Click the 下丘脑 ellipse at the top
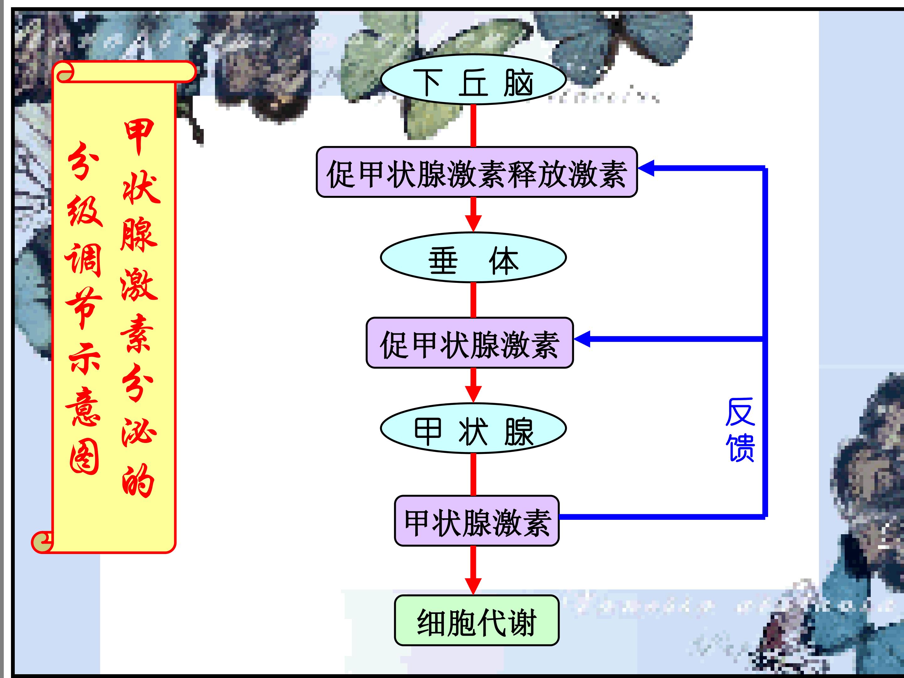tap(473, 79)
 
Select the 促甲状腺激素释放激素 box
tap(477, 172)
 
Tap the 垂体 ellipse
tap(473, 257)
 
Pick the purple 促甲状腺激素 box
tap(470, 343)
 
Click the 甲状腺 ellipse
tap(473, 428)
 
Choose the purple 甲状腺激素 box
tap(477, 521)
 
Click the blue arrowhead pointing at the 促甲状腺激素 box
tap(582, 339)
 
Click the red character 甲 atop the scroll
tap(139, 137)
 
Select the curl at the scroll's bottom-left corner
tap(42, 542)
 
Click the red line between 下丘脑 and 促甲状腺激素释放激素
tap(473, 126)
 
